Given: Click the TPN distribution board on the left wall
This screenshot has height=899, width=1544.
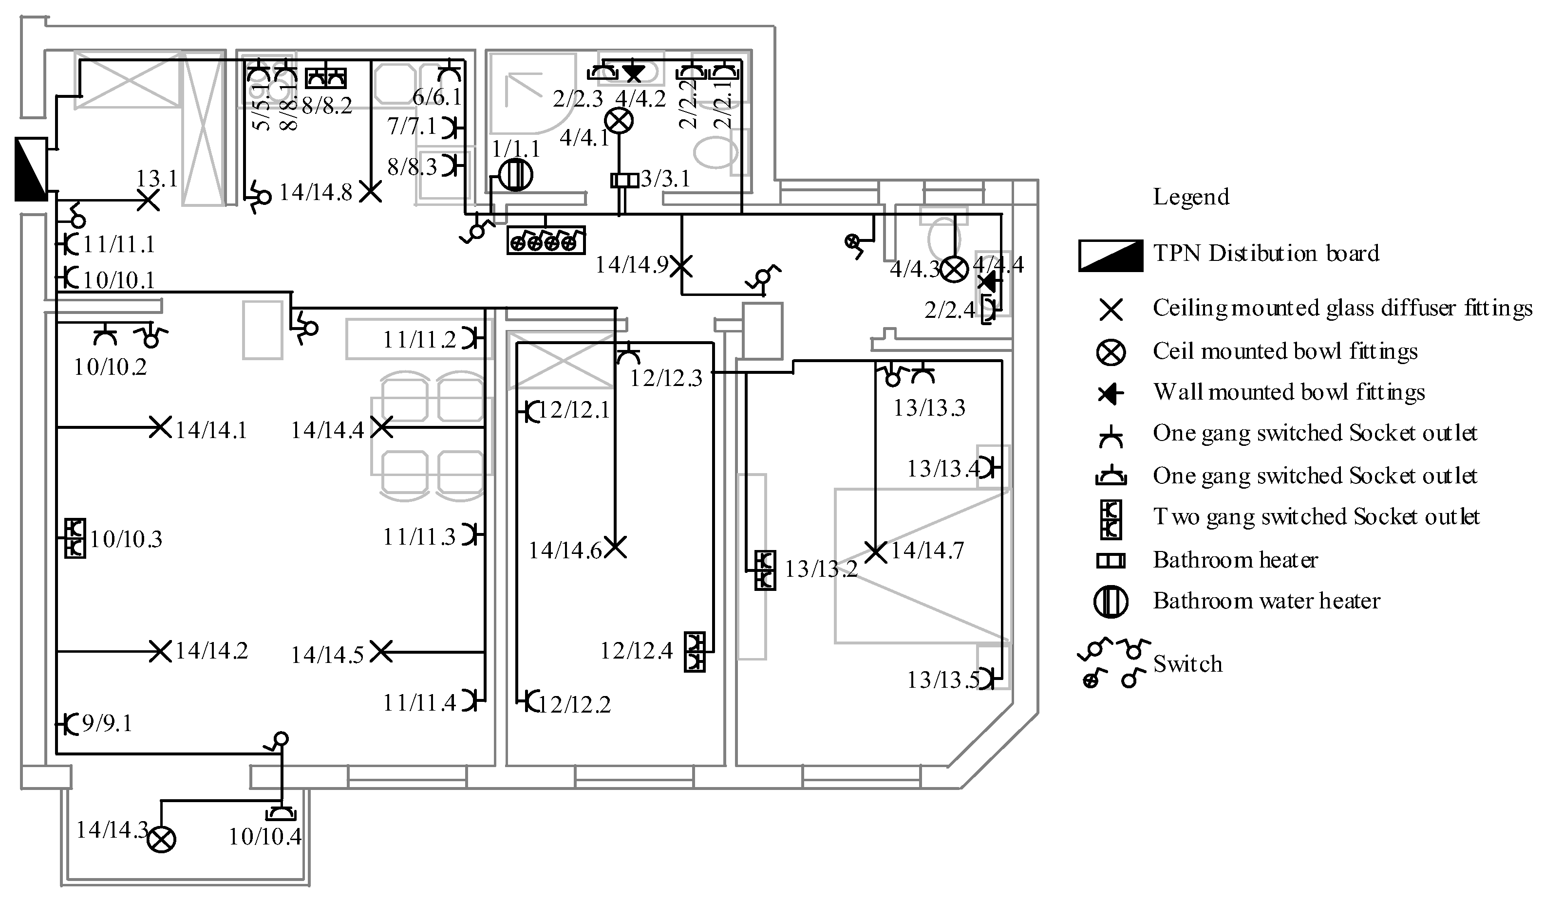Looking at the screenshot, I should tap(31, 169).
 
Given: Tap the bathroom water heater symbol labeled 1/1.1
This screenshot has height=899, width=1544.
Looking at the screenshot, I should tap(515, 175).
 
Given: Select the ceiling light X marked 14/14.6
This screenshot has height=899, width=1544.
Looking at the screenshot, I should tap(616, 547).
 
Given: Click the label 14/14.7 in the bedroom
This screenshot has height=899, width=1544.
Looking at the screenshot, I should tap(927, 550).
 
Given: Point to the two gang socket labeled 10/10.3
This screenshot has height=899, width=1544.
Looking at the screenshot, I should tap(75, 538).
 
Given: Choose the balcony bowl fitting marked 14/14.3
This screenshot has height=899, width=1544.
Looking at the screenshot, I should tap(162, 839).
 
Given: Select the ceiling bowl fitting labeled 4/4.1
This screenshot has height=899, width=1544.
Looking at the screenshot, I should tap(620, 121).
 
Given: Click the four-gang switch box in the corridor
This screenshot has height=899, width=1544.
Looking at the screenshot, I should tap(546, 240).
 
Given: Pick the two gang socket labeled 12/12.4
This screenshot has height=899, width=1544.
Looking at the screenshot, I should tap(694, 652).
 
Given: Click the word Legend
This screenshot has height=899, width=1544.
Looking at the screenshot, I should tap(1190, 197).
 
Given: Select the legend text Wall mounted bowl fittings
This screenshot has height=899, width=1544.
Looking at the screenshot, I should tap(1288, 392).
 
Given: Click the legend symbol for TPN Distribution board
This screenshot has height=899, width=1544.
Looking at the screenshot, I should tap(1110, 256).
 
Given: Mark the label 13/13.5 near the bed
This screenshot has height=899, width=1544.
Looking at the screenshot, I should tap(942, 680).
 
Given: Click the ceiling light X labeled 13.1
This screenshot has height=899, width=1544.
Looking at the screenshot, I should tap(148, 200).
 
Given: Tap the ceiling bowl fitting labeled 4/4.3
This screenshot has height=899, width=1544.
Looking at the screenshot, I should tap(954, 269).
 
